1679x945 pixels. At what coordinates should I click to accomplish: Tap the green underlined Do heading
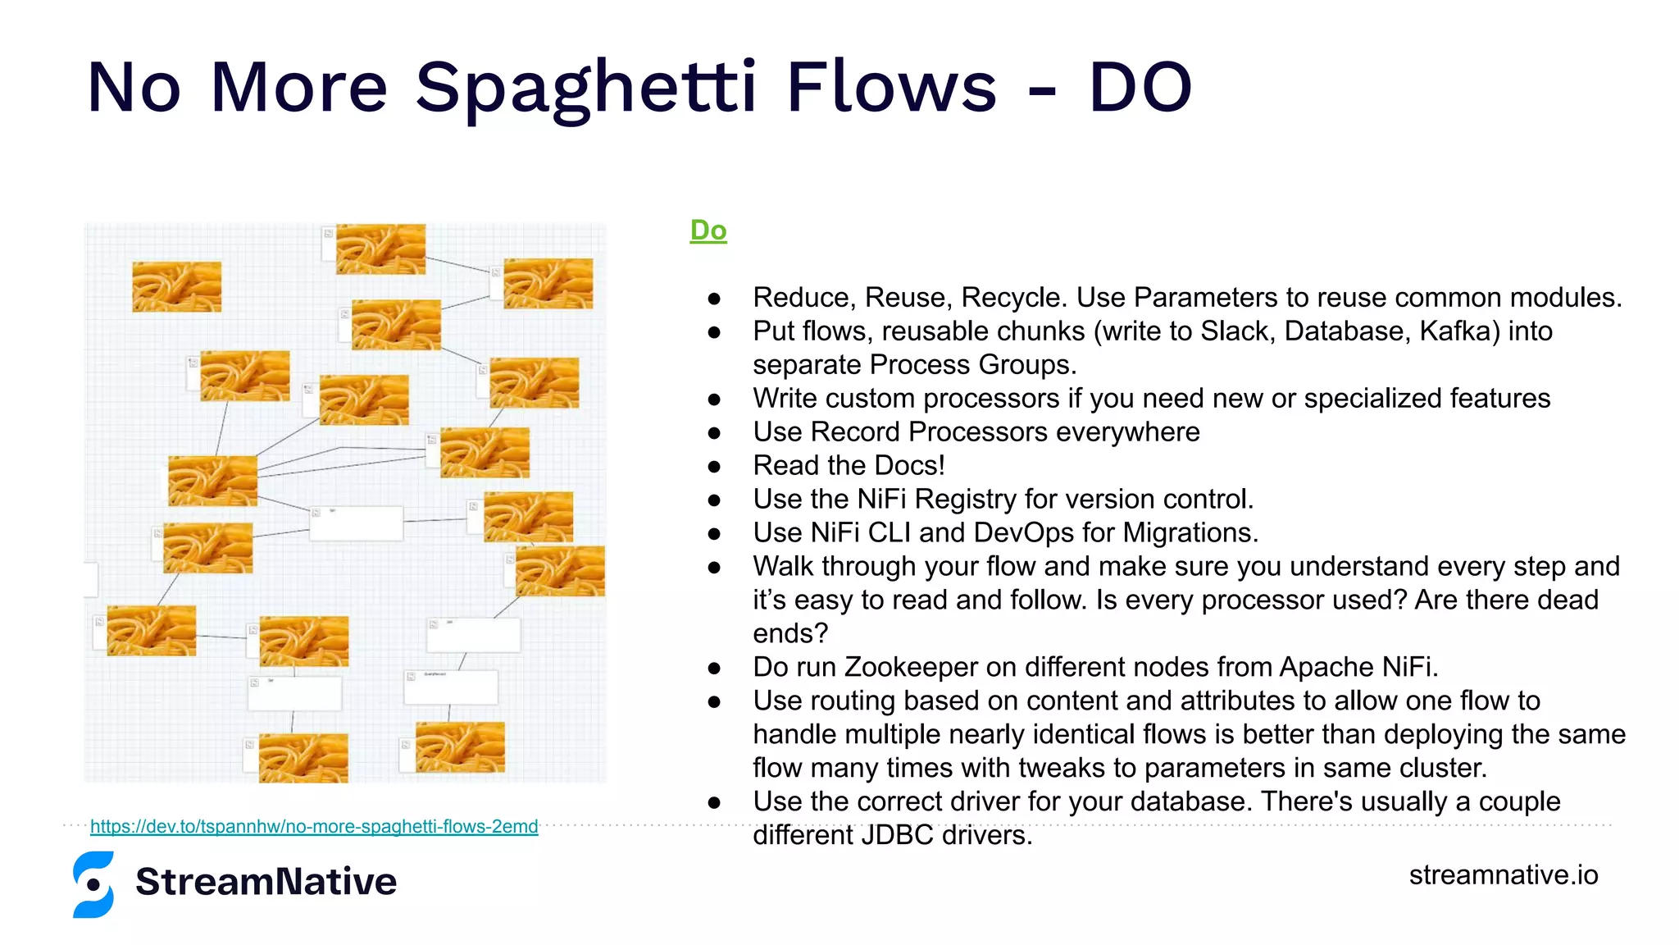tap(708, 231)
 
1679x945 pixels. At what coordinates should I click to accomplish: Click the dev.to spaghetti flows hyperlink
tap(314, 826)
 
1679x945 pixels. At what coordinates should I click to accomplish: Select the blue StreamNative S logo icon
tap(93, 884)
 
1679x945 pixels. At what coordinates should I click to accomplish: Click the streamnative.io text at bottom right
tap(1503, 874)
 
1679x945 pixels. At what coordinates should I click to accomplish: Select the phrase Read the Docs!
tap(849, 465)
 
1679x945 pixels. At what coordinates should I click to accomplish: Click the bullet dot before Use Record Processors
tap(714, 432)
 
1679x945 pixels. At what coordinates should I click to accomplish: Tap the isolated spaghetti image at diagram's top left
tap(176, 286)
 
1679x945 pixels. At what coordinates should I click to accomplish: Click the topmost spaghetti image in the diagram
tap(380, 249)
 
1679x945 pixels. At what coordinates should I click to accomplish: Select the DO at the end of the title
tap(1140, 87)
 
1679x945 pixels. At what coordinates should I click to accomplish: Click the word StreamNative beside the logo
tap(266, 882)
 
